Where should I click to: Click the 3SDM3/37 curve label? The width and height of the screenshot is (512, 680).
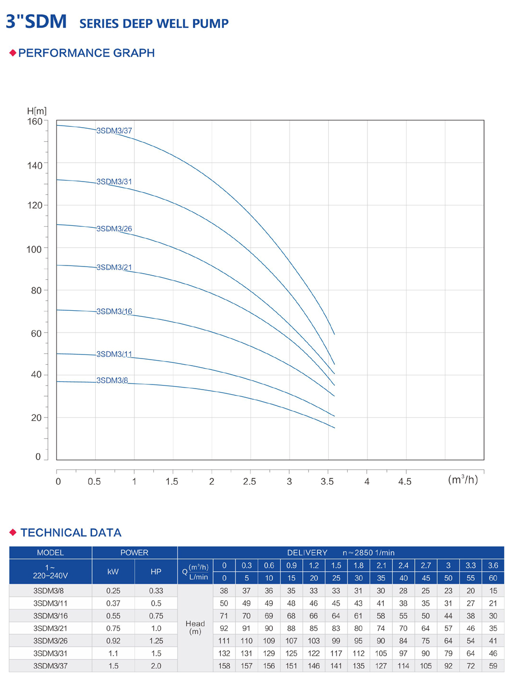tap(114, 131)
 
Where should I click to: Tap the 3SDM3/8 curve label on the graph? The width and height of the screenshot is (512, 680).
tap(112, 380)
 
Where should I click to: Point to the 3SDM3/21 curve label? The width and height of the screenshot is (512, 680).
tap(114, 268)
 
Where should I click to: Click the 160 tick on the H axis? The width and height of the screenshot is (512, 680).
tap(35, 122)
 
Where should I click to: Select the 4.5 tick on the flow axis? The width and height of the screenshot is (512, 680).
tap(405, 482)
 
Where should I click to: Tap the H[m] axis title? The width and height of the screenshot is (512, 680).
tap(37, 111)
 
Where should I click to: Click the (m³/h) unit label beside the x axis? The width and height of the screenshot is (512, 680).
tap(463, 480)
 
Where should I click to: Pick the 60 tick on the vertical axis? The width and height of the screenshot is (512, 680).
tap(36, 334)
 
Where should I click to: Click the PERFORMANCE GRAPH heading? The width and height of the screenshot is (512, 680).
tap(87, 53)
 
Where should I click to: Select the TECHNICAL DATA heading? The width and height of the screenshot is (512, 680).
tap(71, 533)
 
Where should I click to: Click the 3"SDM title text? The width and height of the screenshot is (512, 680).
tap(36, 22)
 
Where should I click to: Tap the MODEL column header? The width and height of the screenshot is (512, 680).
tap(50, 553)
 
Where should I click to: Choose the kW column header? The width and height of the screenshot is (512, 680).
tap(113, 572)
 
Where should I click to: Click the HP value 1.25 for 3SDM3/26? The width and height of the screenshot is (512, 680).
tap(156, 641)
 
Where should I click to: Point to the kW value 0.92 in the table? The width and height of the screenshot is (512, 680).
tap(113, 641)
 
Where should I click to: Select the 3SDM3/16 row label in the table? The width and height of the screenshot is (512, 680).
tap(50, 616)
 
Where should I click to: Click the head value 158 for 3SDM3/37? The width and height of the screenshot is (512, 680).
tap(224, 666)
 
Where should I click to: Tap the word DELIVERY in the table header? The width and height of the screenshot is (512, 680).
tap(307, 553)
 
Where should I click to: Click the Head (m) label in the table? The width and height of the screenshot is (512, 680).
tap(195, 628)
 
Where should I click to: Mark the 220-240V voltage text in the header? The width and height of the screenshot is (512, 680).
tap(50, 576)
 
